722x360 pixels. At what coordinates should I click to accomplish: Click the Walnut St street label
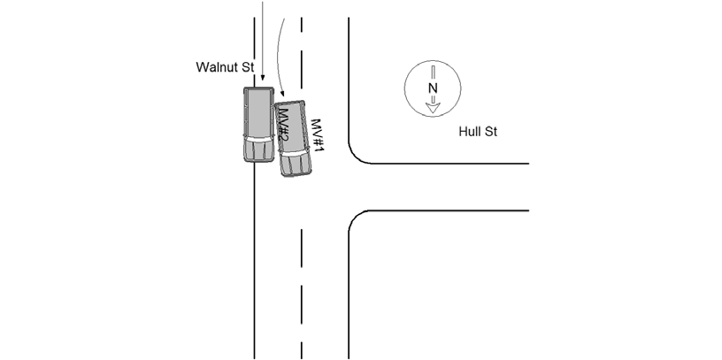coord(225,67)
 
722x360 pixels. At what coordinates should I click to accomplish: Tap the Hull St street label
coord(478,132)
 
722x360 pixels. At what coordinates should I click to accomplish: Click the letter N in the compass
coord(433,88)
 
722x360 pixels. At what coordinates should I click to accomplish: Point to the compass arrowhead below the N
coord(433,108)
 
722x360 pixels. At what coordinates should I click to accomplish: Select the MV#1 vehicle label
coord(318,136)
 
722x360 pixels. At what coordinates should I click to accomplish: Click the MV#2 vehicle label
coord(283,126)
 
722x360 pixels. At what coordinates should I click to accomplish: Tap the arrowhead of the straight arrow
coord(263,78)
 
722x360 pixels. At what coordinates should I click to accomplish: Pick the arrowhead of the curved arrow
coord(282,94)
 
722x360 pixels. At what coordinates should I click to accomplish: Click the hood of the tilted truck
coord(296,165)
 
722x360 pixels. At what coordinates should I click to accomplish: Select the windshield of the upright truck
coord(258,138)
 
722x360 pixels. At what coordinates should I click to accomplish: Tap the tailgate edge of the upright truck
coord(258,88)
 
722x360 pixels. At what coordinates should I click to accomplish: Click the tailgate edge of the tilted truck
coord(289,103)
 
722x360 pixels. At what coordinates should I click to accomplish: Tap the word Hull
coord(471,132)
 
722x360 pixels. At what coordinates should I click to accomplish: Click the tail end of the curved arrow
coord(285,19)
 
